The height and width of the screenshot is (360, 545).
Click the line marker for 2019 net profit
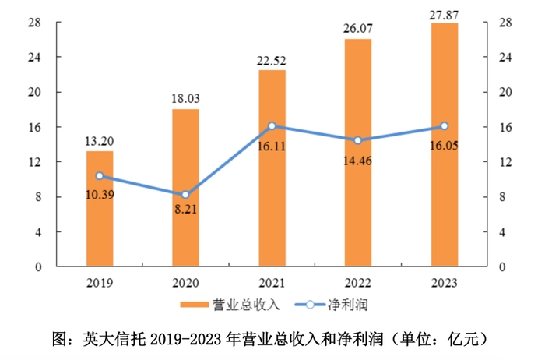(x=100, y=176)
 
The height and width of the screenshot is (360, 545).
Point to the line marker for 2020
(x=186, y=195)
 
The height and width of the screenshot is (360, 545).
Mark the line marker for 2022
(x=358, y=140)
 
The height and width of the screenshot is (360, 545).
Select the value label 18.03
(x=186, y=98)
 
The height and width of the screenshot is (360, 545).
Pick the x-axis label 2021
(x=272, y=281)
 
